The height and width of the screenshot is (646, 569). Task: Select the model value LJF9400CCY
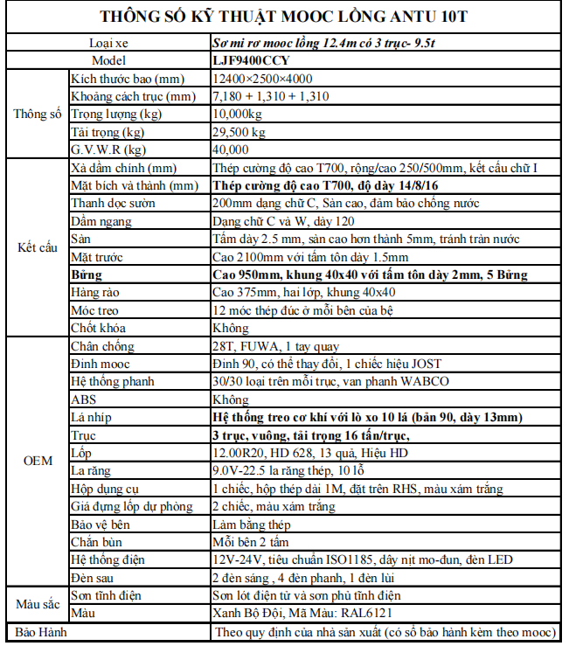point(252,61)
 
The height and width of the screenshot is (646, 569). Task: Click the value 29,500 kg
point(239,132)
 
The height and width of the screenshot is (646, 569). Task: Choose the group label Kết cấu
point(37,247)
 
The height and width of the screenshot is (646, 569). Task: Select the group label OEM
point(37,460)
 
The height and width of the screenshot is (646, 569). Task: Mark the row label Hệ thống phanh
point(111,382)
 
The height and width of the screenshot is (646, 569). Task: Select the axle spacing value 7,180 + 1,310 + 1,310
point(271,96)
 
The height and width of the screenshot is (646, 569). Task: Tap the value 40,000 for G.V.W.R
point(230,149)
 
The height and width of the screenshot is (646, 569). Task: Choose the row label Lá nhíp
point(90,417)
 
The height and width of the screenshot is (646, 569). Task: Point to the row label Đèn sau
point(94,577)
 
